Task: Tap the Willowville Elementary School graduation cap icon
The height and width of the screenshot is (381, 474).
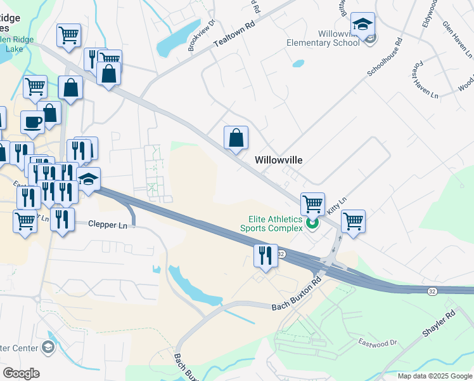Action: point(362,25)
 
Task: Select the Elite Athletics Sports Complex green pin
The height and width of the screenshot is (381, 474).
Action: point(311,224)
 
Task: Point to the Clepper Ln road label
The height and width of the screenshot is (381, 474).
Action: point(108,224)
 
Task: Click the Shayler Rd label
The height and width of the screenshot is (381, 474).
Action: point(438,324)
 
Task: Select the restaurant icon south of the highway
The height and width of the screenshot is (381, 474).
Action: point(265,255)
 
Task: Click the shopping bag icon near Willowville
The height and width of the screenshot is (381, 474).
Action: point(236,137)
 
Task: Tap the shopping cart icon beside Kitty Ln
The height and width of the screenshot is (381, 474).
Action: point(353,221)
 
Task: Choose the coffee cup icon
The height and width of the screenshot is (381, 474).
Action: point(32,121)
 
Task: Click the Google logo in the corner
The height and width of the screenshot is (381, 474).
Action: point(21,373)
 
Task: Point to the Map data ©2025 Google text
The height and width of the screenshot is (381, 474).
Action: point(435,376)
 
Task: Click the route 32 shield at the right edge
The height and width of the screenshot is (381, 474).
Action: point(432,290)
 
